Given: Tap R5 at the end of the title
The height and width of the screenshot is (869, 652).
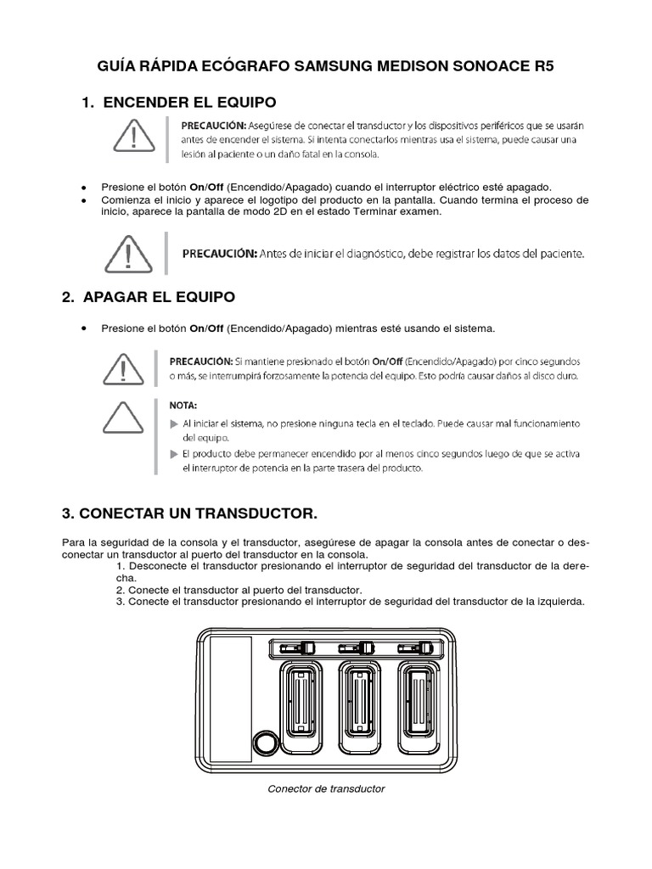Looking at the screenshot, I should click(x=543, y=67).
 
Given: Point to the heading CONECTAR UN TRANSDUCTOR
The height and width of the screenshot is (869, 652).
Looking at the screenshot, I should click(x=189, y=513).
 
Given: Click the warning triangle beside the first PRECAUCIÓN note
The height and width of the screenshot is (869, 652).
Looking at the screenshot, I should click(x=127, y=138).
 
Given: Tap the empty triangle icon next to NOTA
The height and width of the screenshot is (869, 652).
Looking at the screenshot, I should click(x=127, y=418).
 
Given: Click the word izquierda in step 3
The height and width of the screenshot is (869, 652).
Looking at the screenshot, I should click(x=559, y=602).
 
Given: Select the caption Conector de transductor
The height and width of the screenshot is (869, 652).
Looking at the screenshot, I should click(x=326, y=788).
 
